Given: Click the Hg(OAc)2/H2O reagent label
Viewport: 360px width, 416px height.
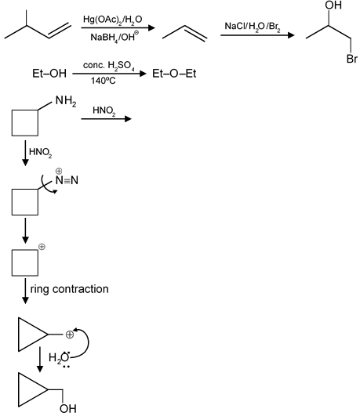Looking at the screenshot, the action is [x=113, y=20].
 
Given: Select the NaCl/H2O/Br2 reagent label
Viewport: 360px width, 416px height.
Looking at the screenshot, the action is [x=253, y=27].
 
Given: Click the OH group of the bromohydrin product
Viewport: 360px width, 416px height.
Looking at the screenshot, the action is [x=333, y=5].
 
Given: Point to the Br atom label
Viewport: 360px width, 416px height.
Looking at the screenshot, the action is [x=352, y=59].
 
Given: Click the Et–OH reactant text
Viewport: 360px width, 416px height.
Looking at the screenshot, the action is [x=49, y=74].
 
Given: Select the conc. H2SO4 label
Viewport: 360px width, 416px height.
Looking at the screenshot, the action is [x=109, y=66].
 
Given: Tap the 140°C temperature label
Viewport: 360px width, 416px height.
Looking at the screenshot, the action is [x=104, y=81].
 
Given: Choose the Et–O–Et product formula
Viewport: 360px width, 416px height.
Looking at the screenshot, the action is [x=174, y=74].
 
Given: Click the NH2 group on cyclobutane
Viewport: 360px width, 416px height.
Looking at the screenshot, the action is [x=66, y=101].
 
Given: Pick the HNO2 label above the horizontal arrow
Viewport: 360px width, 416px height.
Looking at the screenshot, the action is [x=104, y=110].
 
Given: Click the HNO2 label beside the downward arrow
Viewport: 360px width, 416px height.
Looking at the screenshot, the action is [x=40, y=152].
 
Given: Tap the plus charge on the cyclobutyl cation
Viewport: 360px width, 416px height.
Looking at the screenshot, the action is [x=42, y=247].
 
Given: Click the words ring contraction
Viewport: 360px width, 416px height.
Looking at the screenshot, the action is [x=69, y=289].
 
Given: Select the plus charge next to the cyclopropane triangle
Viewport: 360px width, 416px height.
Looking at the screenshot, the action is [x=69, y=335].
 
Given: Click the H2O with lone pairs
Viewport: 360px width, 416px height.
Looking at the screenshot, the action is [x=60, y=359].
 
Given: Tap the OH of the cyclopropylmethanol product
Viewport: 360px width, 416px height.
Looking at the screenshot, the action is [x=67, y=409].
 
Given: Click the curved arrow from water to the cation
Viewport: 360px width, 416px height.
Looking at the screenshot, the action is [x=88, y=342].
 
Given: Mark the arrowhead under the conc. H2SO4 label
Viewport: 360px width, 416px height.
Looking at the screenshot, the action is [x=144, y=74].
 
